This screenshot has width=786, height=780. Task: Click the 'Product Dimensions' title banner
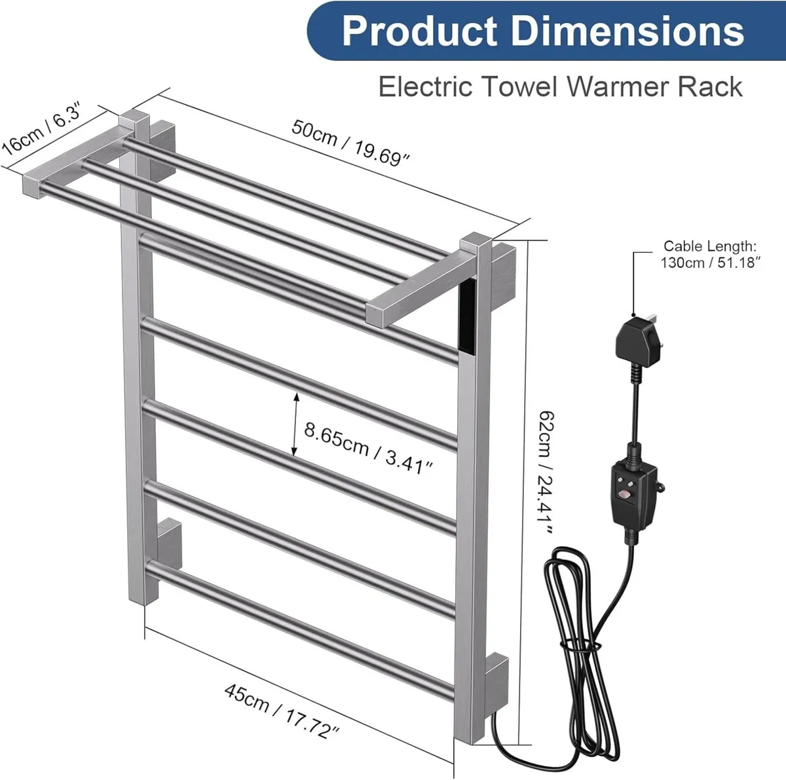pyautogui.click(x=544, y=31)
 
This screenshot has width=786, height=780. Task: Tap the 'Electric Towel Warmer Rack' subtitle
pyautogui.click(x=560, y=86)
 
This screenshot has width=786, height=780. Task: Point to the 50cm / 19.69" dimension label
pyautogui.click(x=350, y=143)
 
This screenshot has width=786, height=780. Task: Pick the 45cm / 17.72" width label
pyautogui.click(x=282, y=711)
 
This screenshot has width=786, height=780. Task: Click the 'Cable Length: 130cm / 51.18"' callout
pyautogui.click(x=710, y=254)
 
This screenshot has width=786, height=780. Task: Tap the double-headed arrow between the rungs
pyautogui.click(x=295, y=424)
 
